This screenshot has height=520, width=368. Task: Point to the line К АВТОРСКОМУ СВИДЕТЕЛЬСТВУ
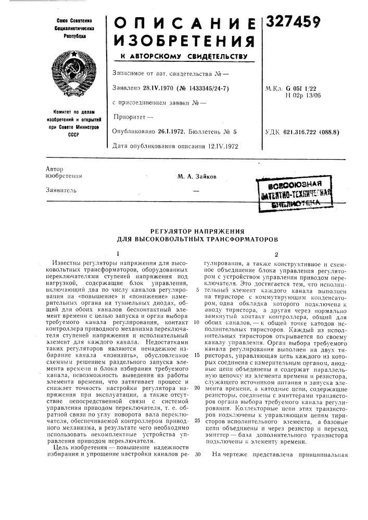[180, 56]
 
